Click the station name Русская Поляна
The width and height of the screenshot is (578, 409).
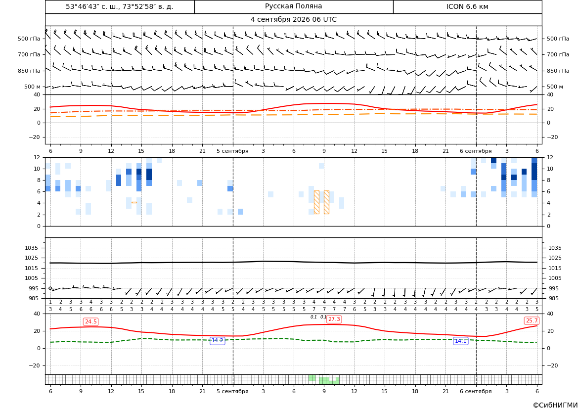coord(293,6)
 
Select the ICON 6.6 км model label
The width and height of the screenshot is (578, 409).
coord(467,6)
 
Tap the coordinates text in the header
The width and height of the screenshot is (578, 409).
coord(120,6)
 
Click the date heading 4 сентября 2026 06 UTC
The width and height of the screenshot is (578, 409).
coord(293,20)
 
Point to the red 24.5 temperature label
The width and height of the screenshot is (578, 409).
coord(90,321)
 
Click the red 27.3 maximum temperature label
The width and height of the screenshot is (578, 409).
coord(334,319)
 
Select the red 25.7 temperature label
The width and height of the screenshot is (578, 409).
coord(531,320)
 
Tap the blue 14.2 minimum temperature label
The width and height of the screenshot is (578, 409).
coord(217,340)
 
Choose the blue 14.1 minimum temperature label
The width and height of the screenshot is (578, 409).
coord(460,341)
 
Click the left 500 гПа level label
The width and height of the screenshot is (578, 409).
coord(29,39)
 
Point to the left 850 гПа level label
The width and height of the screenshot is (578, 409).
coord(29,71)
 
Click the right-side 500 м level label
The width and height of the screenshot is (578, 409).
coord(555,87)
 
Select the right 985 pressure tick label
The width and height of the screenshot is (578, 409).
coord(555,298)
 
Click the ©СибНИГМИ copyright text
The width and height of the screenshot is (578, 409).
coord(555,405)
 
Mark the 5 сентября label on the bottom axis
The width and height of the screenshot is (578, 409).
coord(232,391)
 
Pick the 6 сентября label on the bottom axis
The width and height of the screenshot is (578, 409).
coord(476,391)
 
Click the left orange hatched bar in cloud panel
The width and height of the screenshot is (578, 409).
coord(316,202)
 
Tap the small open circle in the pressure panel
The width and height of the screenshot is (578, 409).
coord(50,288)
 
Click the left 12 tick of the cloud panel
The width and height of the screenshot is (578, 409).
coord(37,157)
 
